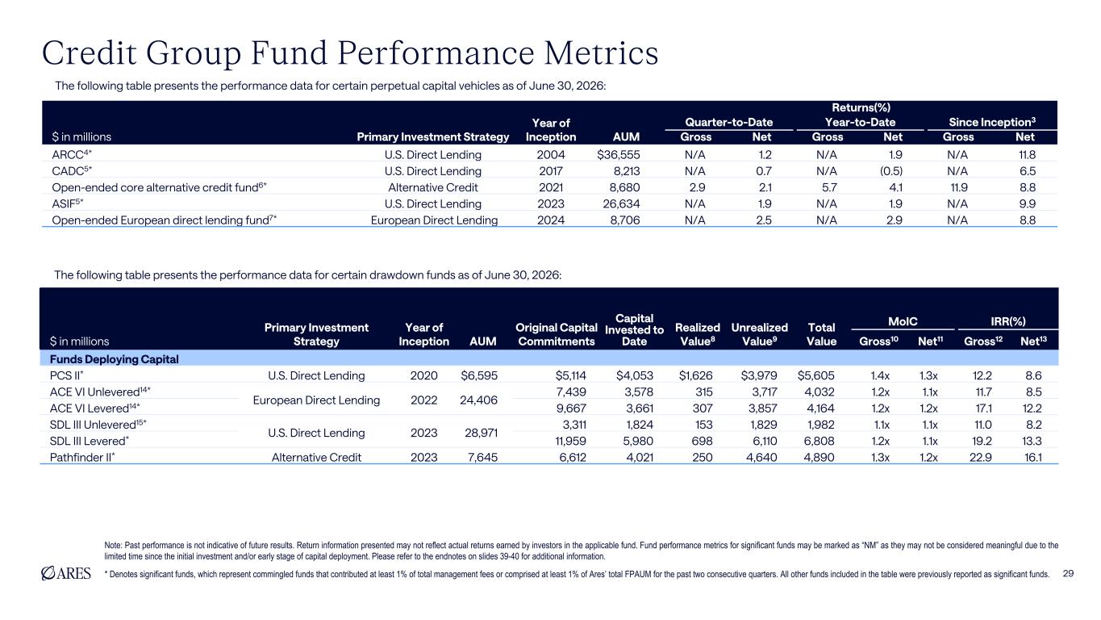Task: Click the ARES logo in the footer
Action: coord(66,573)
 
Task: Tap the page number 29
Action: coord(1068,573)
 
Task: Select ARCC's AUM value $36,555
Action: coord(619,154)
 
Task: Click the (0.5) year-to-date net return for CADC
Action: coord(891,171)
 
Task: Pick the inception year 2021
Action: coord(551,187)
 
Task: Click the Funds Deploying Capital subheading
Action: coord(114,359)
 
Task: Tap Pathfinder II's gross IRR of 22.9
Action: coord(981,458)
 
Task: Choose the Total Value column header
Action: coord(821,334)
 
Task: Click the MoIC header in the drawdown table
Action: coord(903,321)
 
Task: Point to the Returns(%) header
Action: coord(861,107)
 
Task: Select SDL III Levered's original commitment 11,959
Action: coord(570,441)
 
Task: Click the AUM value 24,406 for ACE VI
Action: coord(479,400)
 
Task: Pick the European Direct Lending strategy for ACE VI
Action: coord(316,400)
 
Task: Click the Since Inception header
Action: coord(992,122)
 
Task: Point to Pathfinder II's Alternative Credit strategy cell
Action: coord(316,458)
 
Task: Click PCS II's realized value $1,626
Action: coord(695,375)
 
